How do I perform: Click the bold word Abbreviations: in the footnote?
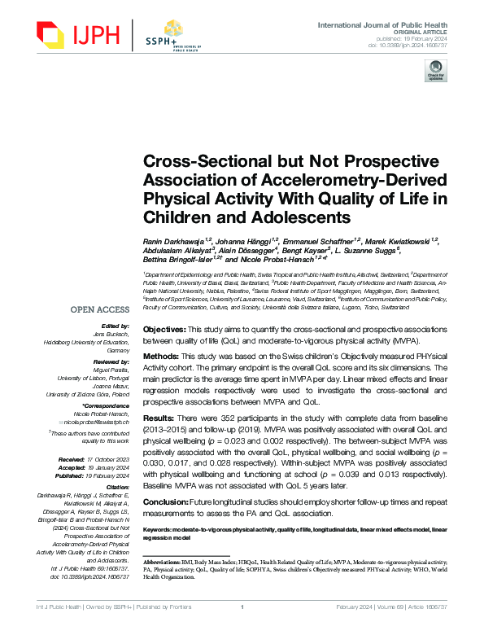pos(166,563)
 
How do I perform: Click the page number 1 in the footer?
pos(242,629)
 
